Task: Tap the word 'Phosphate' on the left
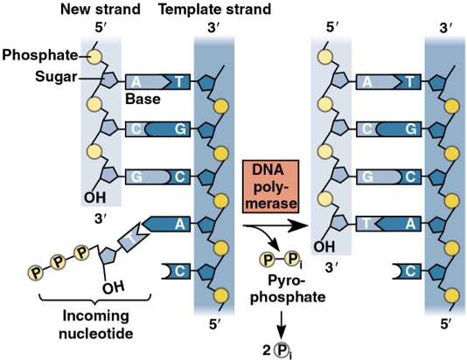[39, 56]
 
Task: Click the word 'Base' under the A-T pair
[142, 100]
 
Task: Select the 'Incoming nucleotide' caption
[99, 324]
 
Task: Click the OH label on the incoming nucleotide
[113, 287]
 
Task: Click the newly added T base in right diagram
[367, 223]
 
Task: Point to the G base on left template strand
[180, 128]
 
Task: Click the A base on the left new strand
[138, 81]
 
